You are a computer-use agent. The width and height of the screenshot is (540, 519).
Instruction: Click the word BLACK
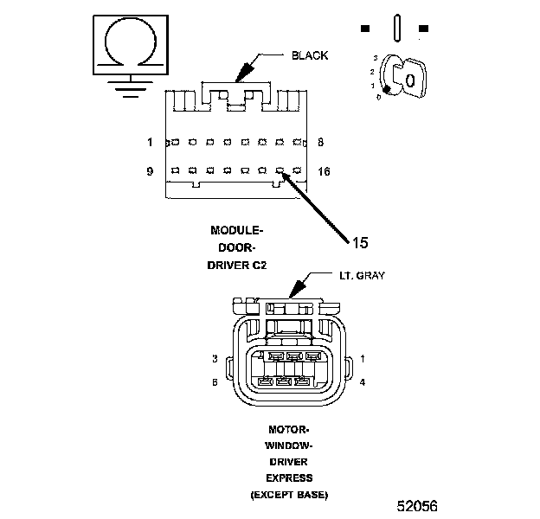(310, 55)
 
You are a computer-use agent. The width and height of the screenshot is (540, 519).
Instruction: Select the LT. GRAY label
(360, 276)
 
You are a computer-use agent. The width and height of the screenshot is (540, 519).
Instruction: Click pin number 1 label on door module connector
(150, 141)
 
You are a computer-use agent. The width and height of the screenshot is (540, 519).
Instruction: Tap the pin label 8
(321, 141)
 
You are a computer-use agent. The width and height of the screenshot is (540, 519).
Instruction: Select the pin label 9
(150, 171)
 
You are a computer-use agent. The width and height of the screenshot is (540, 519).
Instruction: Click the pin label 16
(325, 171)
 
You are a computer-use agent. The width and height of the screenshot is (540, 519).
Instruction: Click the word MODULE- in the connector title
(236, 230)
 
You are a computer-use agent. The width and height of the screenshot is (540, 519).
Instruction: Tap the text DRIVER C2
(236, 266)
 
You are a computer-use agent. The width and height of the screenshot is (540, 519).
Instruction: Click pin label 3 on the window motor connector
(214, 357)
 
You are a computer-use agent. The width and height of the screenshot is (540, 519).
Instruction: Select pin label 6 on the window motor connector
(214, 381)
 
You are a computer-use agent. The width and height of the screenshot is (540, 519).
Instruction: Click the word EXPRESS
(289, 477)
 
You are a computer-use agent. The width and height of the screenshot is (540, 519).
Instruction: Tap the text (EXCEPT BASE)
(289, 494)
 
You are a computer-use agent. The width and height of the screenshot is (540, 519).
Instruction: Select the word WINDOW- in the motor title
(289, 445)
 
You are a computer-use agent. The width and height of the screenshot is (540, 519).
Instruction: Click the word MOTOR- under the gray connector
(289, 428)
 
